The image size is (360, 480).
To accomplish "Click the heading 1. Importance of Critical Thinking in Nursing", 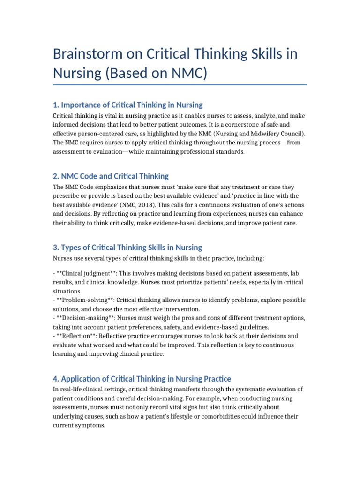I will click(127, 105).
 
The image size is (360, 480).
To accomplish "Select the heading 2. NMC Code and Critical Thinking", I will click(111, 176).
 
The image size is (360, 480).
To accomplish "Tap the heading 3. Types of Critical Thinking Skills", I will click(127, 247).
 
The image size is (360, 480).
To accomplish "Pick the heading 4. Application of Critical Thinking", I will click(142, 379).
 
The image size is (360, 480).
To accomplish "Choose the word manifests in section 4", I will click(190, 390).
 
